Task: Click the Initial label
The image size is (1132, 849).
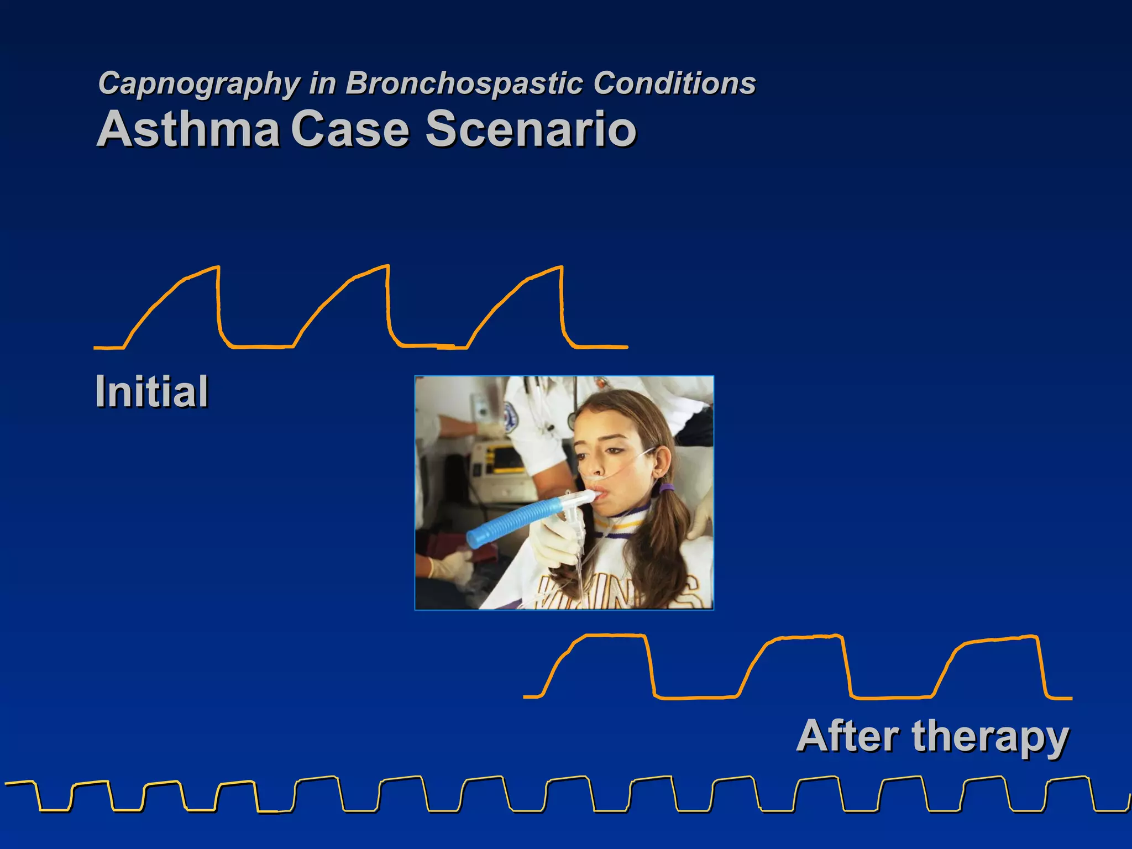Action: pos(151,391)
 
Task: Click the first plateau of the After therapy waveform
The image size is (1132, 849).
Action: pos(614,636)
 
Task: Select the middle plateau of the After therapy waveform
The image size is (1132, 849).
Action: pos(807,637)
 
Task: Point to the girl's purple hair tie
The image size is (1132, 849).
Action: pos(667,489)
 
